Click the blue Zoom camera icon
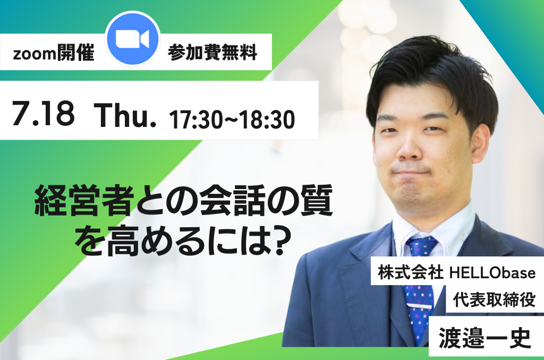(x=132, y=39)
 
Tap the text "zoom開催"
(x=54, y=53)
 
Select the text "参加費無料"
(x=212, y=53)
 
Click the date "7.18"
(x=44, y=113)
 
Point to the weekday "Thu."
(x=125, y=116)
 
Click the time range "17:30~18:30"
(x=232, y=119)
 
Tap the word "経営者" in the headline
(x=84, y=201)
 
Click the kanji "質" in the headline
(x=317, y=201)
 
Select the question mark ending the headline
(x=282, y=239)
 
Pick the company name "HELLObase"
(x=492, y=273)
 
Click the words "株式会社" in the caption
(x=411, y=272)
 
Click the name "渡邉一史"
(x=485, y=338)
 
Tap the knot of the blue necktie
(x=422, y=244)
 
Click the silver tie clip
(x=420, y=306)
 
